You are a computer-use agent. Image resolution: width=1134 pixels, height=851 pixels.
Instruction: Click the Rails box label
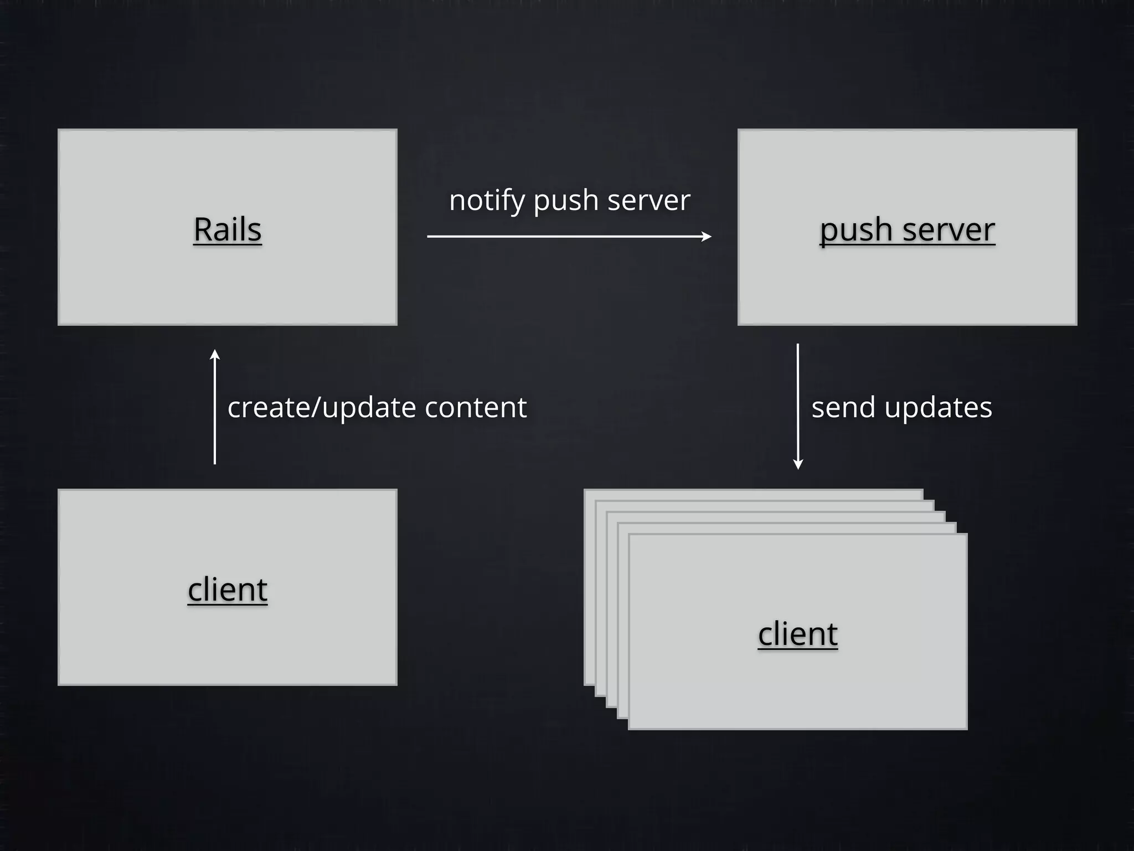click(x=227, y=229)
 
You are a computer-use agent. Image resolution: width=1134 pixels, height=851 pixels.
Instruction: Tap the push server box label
click(x=907, y=229)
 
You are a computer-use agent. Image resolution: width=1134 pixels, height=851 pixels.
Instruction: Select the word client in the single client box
click(x=227, y=589)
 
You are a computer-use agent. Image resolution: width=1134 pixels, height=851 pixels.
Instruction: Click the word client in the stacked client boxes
click(x=797, y=633)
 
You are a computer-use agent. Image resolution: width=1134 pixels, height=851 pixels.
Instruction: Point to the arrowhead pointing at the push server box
click(x=707, y=237)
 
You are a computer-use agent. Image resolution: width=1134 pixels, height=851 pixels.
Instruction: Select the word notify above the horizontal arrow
click(x=487, y=200)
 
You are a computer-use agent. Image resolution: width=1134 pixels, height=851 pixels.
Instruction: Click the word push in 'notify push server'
click(x=566, y=200)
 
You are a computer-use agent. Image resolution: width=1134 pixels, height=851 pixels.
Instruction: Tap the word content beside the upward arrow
click(x=476, y=408)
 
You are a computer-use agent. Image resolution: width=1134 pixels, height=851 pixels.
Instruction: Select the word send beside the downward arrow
click(x=843, y=408)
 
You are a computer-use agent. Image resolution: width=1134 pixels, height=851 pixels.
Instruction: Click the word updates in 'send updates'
click(x=938, y=408)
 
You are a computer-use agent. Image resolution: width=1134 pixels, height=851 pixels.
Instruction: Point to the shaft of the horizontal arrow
click(x=565, y=237)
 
